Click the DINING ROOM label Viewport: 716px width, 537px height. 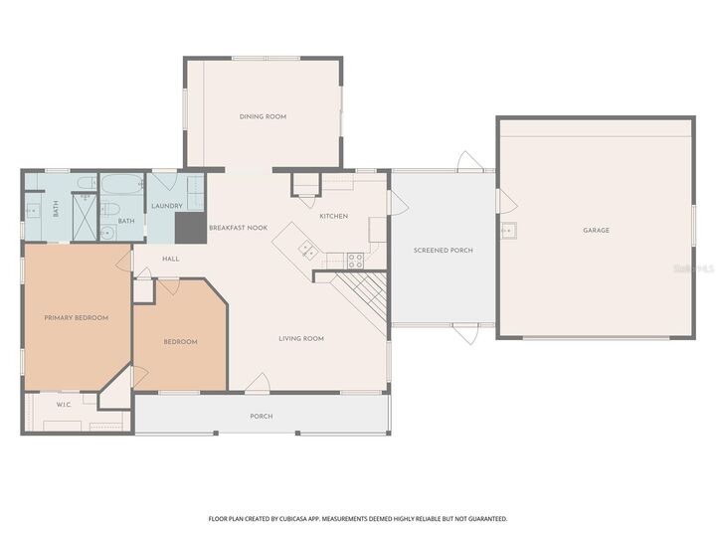click(x=263, y=116)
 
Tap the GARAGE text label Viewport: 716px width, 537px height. click(x=596, y=231)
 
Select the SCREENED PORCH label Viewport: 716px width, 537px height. click(x=443, y=250)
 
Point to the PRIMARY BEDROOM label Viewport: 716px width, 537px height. click(x=76, y=317)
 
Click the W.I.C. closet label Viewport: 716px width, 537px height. click(x=63, y=404)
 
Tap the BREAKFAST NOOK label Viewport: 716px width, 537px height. click(x=238, y=228)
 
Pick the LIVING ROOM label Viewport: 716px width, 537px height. click(x=300, y=338)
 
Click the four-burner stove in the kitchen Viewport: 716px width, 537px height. click(x=355, y=261)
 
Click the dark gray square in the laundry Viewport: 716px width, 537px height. click(x=188, y=228)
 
